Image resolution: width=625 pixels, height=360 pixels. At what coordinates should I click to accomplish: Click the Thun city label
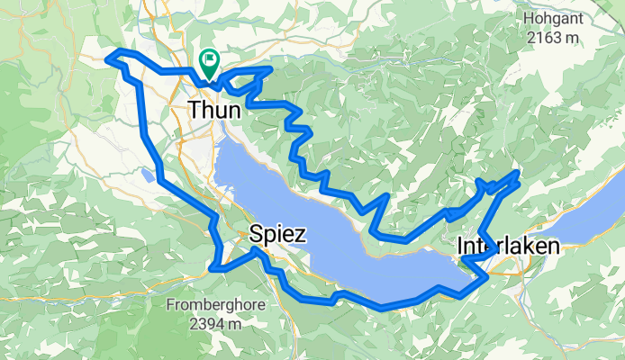pos(215,110)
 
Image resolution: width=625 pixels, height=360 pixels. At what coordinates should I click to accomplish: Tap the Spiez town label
pos(278,235)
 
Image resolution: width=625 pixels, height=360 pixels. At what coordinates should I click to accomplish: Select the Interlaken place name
pos(508,246)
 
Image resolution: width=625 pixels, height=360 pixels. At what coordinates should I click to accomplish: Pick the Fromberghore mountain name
pos(216,304)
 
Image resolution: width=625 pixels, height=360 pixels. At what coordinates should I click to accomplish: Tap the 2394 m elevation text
pos(216,322)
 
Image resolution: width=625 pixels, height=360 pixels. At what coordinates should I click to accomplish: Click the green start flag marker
pos(210,61)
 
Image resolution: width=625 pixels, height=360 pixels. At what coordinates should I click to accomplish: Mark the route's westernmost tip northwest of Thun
pos(108,58)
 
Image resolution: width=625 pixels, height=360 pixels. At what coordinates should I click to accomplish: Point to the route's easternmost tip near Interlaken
pos(519,171)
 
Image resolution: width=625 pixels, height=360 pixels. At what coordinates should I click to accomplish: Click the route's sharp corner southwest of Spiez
pos(212,267)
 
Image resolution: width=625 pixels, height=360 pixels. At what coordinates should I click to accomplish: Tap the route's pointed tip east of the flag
pos(270,68)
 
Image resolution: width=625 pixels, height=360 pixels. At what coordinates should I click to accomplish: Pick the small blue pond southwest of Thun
pos(147,174)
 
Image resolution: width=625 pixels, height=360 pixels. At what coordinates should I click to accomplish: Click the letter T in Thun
pos(195,110)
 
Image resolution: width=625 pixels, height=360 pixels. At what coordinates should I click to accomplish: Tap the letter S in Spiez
pos(256,235)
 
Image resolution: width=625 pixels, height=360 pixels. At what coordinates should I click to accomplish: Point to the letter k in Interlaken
pos(527,246)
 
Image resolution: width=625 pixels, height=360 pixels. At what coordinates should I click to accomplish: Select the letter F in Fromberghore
pos(171,304)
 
